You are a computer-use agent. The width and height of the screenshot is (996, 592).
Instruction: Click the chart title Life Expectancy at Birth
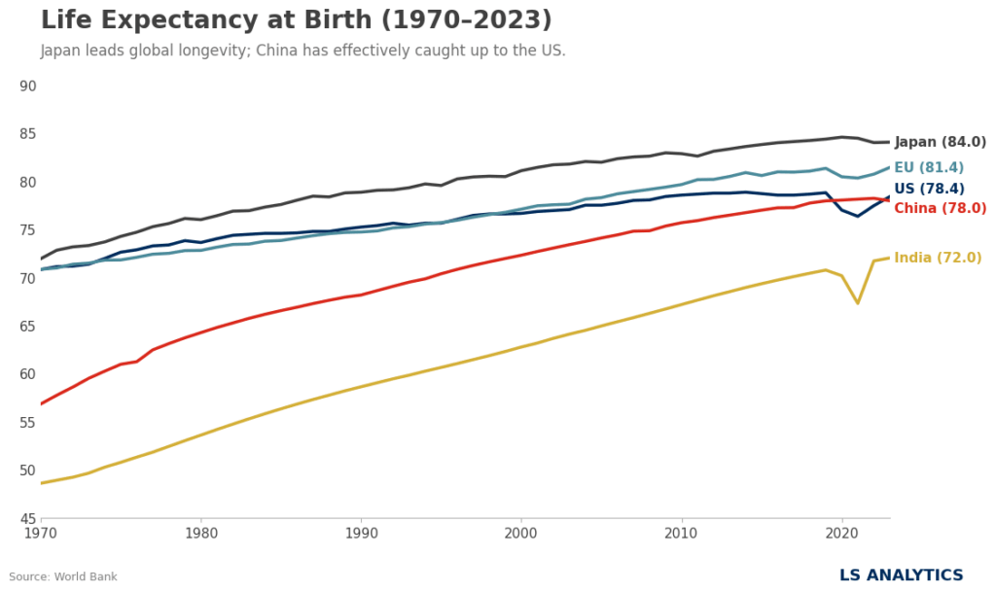pos(296,20)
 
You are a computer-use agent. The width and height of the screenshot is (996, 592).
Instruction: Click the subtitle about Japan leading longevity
pos(302,51)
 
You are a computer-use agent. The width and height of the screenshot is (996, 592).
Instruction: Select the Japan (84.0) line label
pos(940,142)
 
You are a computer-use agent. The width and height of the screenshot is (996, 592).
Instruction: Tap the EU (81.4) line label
pos(929,168)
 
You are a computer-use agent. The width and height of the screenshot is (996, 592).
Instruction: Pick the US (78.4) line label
pos(929,189)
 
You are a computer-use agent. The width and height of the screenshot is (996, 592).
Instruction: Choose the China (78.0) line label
pos(940,208)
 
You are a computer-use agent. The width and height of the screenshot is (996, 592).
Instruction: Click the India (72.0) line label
pos(938,258)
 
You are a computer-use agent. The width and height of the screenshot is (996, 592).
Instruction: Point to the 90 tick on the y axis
pos(27,87)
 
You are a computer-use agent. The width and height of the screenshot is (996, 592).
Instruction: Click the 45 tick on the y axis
pos(27,518)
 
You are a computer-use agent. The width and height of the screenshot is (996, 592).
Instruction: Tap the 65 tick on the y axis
pos(27,327)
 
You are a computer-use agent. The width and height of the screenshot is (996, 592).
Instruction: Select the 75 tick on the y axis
pos(27,230)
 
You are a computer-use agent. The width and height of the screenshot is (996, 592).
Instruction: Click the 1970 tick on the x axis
pos(41,533)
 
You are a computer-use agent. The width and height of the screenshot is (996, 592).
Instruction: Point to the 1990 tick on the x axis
pos(361,533)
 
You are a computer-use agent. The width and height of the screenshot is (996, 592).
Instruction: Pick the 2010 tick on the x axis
pos(681,533)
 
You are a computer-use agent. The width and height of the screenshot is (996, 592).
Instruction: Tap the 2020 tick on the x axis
pos(841,533)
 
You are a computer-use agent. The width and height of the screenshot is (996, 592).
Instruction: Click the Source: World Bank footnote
pos(63,576)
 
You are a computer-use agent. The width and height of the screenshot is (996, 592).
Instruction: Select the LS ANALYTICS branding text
pos(901,575)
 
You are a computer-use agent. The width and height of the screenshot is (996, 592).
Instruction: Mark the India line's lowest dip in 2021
pos(857,302)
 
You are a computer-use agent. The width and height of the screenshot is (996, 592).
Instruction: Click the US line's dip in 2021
pos(857,216)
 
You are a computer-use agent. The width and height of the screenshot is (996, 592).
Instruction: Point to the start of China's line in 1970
pos(41,403)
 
